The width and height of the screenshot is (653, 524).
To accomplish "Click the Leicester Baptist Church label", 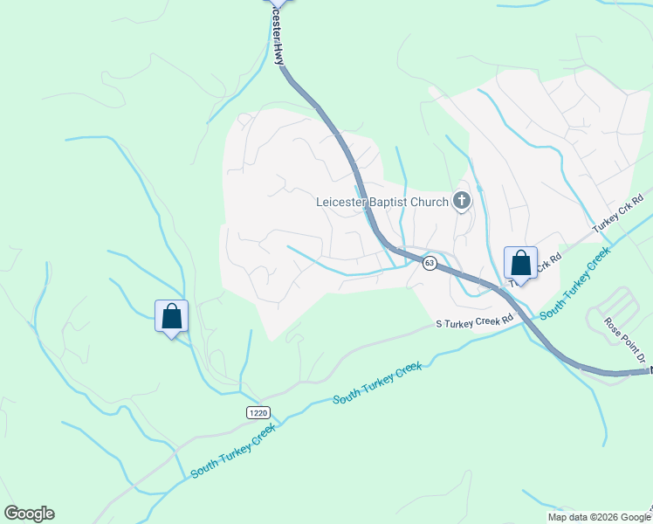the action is pos(382,203).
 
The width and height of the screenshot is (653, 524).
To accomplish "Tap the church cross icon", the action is pos(462,202).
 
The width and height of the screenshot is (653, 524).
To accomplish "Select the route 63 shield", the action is pos(429,263).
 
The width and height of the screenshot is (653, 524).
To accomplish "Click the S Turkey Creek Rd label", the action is pos(473,323).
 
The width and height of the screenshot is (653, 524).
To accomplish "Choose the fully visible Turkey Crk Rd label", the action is pos(618,213).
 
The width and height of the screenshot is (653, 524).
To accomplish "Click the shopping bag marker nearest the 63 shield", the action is pos(520,264).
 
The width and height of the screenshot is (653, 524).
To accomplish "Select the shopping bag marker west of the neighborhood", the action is pos(171,316).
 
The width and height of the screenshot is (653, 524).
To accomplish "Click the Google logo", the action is pos(29,514).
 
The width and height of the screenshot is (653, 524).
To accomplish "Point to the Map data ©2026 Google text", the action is pos(599,517).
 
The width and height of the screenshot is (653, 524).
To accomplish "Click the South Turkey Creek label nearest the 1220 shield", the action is pos(233,450).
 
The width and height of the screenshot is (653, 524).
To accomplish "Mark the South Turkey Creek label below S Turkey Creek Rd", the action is pos(377,384).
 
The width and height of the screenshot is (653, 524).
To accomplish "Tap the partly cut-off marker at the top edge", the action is pos(277,3).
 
